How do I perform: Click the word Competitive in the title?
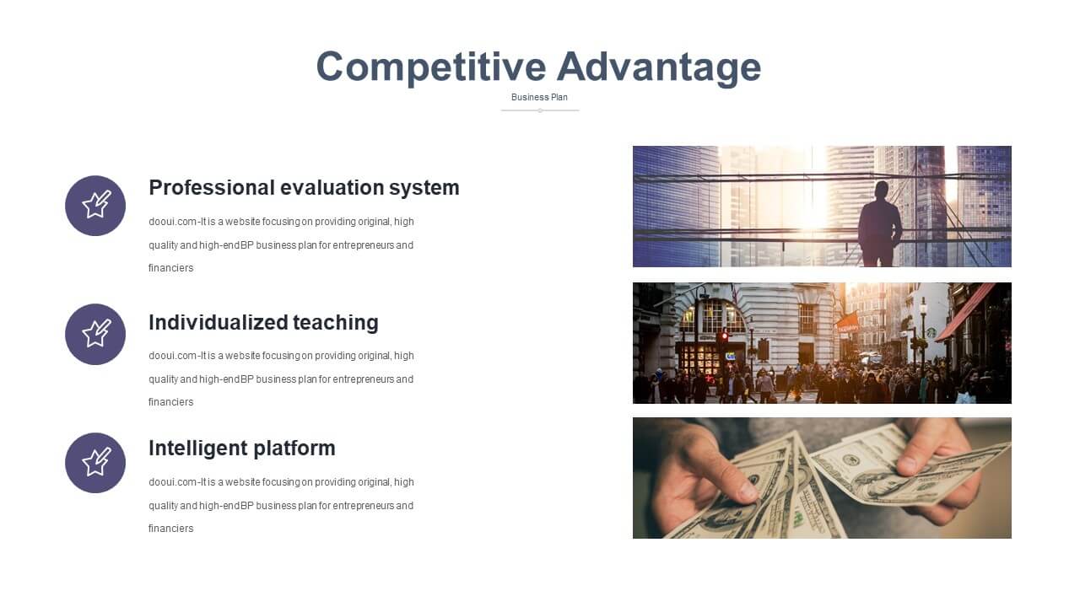[431, 67]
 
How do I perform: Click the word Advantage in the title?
[659, 67]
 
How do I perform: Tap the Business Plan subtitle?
[539, 97]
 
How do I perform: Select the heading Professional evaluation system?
[304, 188]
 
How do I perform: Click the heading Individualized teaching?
[263, 323]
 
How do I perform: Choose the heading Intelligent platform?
[241, 448]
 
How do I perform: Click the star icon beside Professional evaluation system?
[95, 206]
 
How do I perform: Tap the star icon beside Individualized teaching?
[95, 335]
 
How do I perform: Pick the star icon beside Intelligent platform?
[95, 463]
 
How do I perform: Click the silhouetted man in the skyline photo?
[880, 224]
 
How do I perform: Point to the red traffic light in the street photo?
[724, 336]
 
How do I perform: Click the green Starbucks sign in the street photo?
[931, 332]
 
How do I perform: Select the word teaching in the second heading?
[336, 324]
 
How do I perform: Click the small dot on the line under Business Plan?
[540, 110]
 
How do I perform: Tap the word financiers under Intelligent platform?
[170, 529]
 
